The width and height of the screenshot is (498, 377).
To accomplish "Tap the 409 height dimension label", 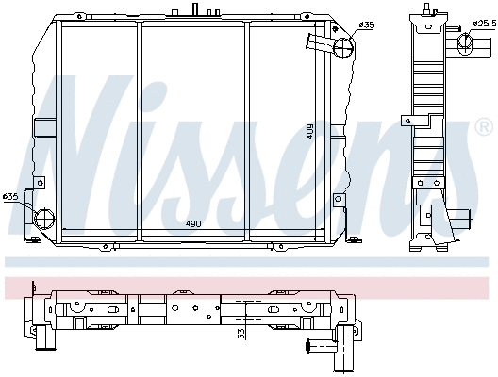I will click(x=309, y=131).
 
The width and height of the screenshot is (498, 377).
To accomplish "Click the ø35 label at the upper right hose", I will click(x=367, y=25).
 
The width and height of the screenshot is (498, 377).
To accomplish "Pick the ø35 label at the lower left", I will click(x=10, y=196).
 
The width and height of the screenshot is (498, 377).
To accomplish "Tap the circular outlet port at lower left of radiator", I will click(x=42, y=219).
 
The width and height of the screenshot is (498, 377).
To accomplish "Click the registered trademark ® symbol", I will click(x=484, y=126).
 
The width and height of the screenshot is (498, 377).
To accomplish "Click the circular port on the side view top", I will click(x=464, y=44).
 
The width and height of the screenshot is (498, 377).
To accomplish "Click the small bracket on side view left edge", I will click(x=405, y=120).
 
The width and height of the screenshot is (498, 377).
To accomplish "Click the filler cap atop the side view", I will click(x=434, y=8).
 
